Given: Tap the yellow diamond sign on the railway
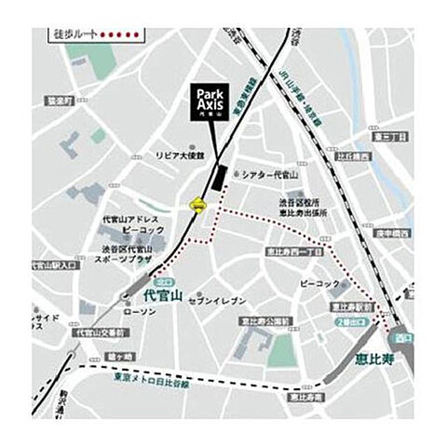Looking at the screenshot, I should pos(198,206).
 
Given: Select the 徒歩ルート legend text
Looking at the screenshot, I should pos(74,35).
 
